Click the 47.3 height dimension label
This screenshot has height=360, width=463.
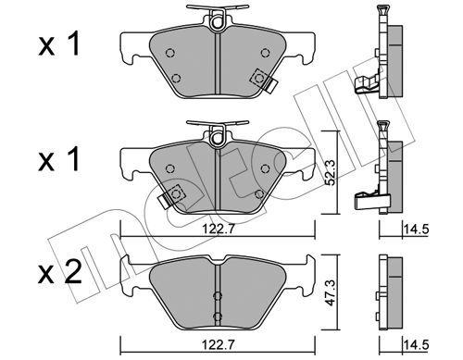point(331,292)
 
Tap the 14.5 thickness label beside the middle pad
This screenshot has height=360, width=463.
point(417,229)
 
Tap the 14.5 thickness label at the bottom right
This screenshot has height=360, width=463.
point(417,344)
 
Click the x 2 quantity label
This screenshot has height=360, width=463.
point(60,272)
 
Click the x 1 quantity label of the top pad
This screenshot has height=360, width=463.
point(59,43)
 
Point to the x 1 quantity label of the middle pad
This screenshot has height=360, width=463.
point(59,159)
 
